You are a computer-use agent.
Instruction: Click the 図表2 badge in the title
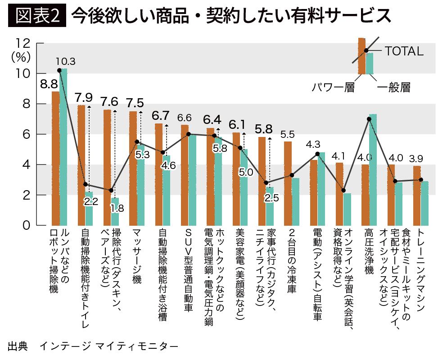37,15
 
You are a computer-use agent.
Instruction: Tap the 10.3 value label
66,62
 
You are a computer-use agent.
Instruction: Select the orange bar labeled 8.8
55,158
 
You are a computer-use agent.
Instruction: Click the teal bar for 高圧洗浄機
373,170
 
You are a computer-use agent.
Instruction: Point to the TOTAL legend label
404,51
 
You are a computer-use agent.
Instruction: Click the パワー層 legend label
333,87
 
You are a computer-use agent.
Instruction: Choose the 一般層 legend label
394,87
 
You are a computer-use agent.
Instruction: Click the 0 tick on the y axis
26,225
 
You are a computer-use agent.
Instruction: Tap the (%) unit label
21,57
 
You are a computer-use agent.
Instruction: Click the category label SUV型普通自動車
189,269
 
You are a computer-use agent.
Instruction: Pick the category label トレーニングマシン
421,269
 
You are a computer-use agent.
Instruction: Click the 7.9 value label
84,98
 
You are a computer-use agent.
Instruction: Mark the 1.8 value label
117,209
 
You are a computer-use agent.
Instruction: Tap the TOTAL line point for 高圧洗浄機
369,119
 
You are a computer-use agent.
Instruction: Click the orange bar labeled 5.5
288,183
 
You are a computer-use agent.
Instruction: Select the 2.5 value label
271,198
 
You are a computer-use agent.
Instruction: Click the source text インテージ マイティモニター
109,346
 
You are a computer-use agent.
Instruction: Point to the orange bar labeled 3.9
417,196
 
